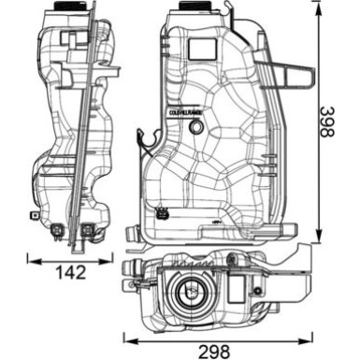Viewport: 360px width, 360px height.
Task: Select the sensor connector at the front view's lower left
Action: [166, 210]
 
